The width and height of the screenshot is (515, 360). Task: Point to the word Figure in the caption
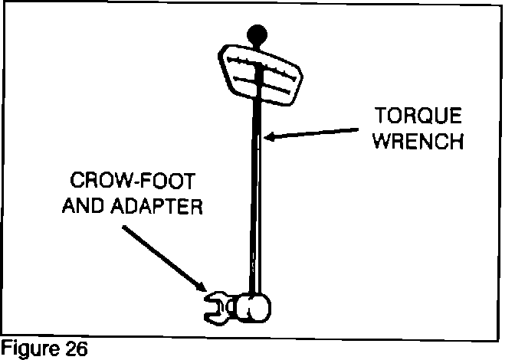[x=24, y=349]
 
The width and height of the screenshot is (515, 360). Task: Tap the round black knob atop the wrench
[x=257, y=34]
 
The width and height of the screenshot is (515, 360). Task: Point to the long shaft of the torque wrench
[x=256, y=191]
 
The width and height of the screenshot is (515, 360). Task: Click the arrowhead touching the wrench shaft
[x=269, y=137]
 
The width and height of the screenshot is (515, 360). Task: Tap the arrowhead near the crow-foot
[x=201, y=286]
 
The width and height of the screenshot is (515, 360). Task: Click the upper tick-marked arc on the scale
[x=261, y=61]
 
